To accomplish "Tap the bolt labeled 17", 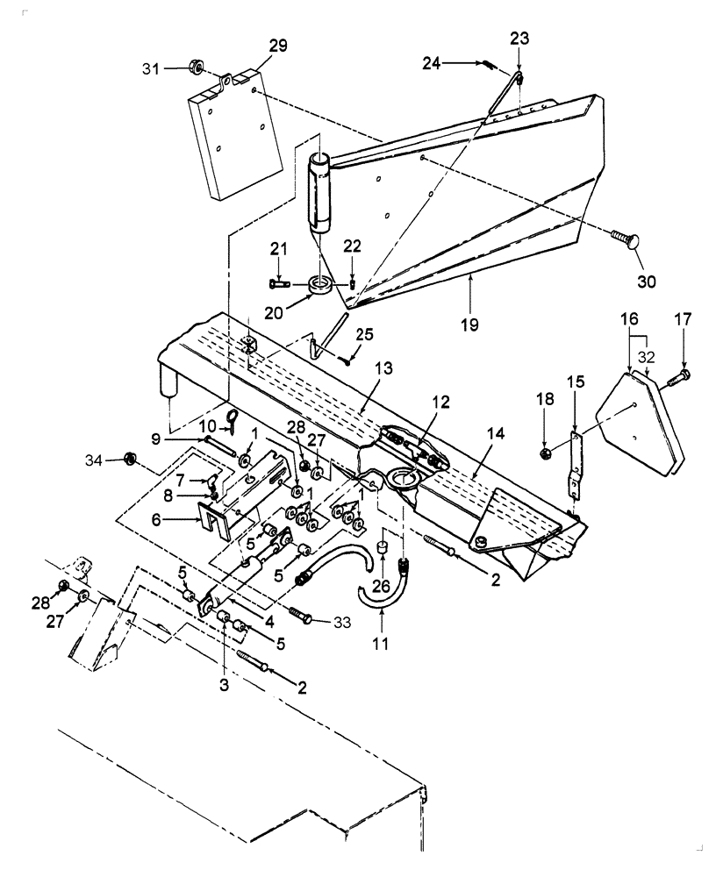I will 679,376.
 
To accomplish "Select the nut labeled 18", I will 544,453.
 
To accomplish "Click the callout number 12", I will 440,402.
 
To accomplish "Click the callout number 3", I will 224,684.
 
